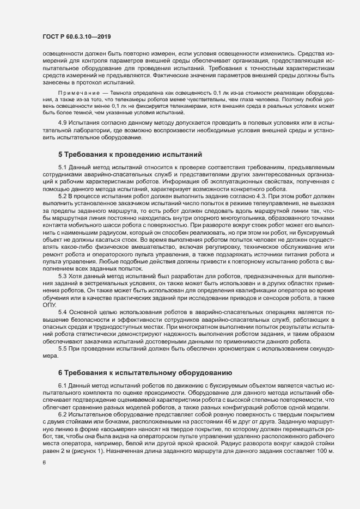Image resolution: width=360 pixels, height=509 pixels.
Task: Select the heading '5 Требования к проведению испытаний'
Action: [x=130, y=155]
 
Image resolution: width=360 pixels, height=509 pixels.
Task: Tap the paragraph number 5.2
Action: [x=62, y=195]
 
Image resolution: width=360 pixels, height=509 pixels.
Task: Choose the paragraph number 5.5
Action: [x=62, y=349]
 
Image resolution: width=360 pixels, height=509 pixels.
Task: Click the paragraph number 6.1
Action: [x=62, y=385]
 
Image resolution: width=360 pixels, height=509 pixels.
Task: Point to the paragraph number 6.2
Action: [x=62, y=415]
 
